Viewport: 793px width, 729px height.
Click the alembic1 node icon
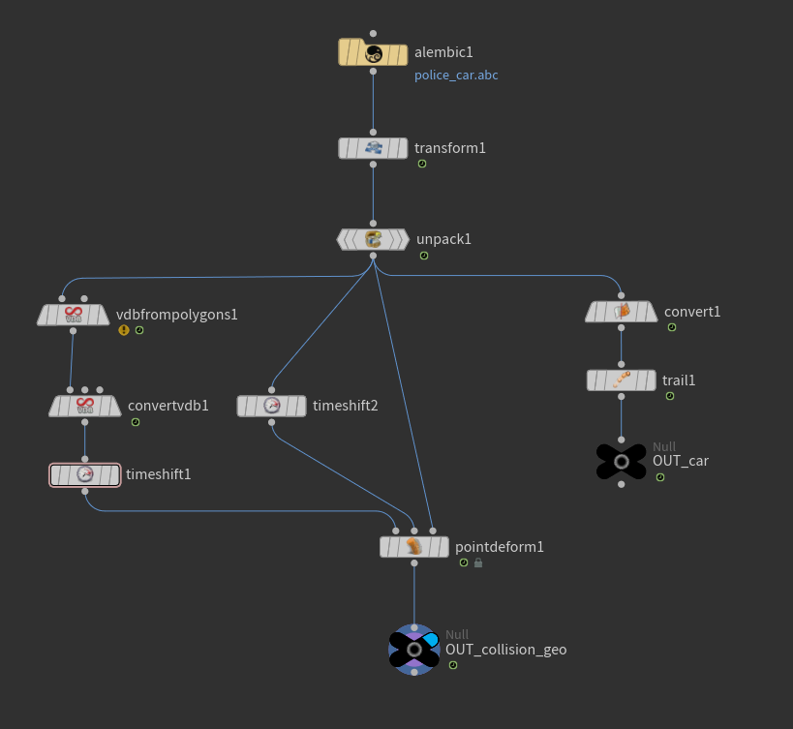click(373, 53)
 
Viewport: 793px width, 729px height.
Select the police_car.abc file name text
click(456, 76)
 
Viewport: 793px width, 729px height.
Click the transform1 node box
click(373, 148)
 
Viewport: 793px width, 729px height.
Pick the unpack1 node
click(373, 239)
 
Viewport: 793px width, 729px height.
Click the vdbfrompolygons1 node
click(74, 315)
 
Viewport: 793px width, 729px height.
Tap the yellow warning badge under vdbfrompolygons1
click(124, 330)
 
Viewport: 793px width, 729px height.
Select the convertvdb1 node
click(85, 406)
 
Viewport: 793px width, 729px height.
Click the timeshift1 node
click(85, 474)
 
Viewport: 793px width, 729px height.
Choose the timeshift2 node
click(271, 406)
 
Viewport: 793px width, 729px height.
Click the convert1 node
click(622, 312)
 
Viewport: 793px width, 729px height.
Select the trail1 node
click(622, 380)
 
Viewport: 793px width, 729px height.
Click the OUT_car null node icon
click(622, 462)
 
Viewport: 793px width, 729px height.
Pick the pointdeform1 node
click(414, 547)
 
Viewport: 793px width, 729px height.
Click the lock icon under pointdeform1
click(478, 562)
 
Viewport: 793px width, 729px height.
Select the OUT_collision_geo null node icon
click(414, 650)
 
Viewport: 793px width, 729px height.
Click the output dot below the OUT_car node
click(622, 484)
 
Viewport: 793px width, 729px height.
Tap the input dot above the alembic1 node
click(373, 33)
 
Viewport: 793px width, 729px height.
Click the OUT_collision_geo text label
click(505, 650)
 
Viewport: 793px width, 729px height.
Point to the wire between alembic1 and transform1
click(373, 102)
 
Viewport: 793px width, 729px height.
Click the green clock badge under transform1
click(422, 164)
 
